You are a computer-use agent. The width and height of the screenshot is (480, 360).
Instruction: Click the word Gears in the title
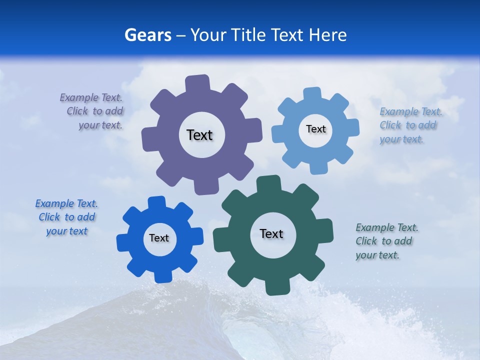pyautogui.click(x=147, y=35)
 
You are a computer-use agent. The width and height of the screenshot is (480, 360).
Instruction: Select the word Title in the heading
pyautogui.click(x=248, y=35)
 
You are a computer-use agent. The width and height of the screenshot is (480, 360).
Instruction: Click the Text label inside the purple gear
pyautogui.click(x=199, y=135)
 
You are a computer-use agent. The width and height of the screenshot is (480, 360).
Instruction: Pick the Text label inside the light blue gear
pyautogui.click(x=315, y=129)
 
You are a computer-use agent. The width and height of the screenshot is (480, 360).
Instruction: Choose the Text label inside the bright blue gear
pyautogui.click(x=159, y=238)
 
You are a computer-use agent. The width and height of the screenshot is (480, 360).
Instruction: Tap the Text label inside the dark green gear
pyautogui.click(x=271, y=233)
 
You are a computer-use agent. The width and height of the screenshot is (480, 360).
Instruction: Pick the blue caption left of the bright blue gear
pyautogui.click(x=66, y=217)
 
